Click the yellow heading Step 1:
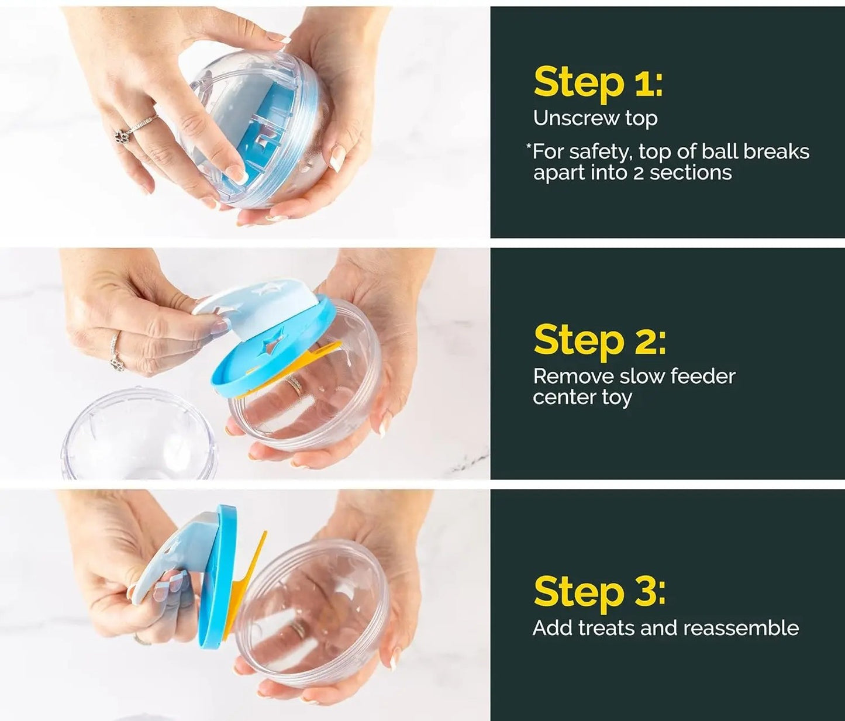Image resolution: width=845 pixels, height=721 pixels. pyautogui.click(x=598, y=82)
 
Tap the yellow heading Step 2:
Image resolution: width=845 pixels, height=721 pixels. pyautogui.click(x=599, y=340)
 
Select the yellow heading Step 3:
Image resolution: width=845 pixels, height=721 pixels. pyautogui.click(x=599, y=592)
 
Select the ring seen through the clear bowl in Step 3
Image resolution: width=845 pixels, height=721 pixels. pyautogui.click(x=299, y=629)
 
